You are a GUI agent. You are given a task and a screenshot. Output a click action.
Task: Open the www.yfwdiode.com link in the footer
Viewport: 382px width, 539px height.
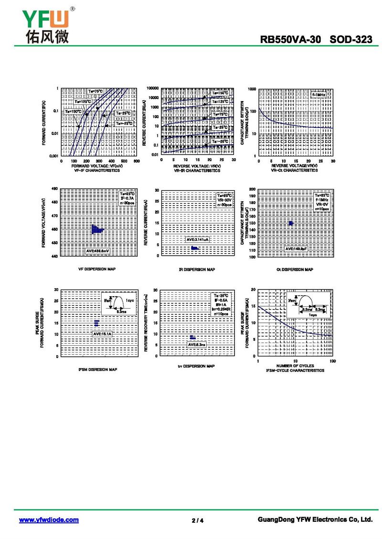(49, 519)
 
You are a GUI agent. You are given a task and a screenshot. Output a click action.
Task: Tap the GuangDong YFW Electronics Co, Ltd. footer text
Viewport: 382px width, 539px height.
(315, 519)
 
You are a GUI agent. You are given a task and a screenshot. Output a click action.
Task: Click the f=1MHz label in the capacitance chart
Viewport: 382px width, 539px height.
(318, 95)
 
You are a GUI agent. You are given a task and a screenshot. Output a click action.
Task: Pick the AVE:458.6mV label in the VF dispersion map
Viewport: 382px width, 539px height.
(97, 250)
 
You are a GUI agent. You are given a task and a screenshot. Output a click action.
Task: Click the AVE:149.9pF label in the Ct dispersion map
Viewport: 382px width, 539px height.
(297, 249)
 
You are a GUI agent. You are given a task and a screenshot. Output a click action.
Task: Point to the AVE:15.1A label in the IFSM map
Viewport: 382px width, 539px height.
(102, 334)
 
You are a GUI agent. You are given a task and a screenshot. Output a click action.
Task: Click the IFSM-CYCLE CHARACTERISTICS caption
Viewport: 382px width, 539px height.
(295, 370)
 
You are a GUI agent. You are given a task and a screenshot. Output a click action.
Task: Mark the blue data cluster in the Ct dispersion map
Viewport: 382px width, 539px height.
(290, 223)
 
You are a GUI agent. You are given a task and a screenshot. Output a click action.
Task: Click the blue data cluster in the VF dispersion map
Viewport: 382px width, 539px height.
(97, 229)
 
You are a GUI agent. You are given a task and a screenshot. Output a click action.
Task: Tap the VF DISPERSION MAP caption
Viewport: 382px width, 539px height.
(97, 269)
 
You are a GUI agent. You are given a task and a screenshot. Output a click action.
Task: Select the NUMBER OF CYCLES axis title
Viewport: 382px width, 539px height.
(295, 366)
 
